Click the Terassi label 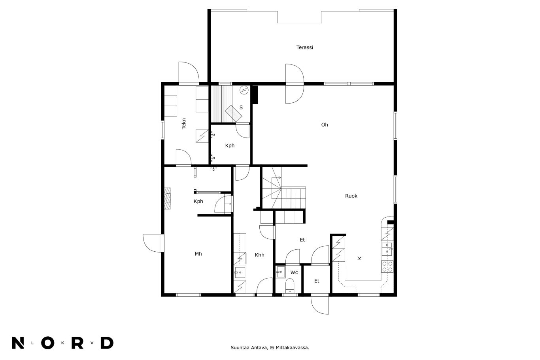304,47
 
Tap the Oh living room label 325,124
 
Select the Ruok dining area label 351,196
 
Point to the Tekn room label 184,124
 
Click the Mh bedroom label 198,254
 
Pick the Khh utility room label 259,255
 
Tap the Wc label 294,272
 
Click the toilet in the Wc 289,286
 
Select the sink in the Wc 281,272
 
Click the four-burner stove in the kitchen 387,266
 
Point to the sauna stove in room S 233,113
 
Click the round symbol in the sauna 244,90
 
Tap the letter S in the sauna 241,107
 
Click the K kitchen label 359,258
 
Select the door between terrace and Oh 295,84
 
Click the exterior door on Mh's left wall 153,243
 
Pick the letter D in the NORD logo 107,343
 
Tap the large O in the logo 47,343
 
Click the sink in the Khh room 240,272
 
